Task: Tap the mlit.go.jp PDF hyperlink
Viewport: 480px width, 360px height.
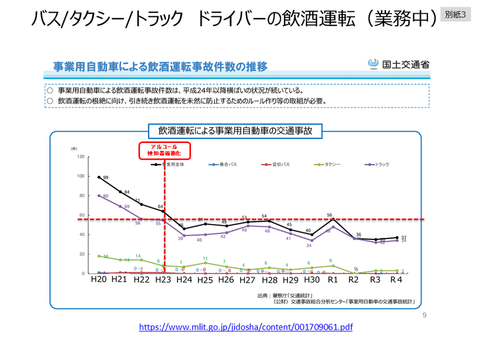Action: pos(246,327)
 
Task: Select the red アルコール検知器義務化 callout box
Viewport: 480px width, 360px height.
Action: pos(164,150)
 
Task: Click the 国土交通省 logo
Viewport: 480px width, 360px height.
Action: pos(399,64)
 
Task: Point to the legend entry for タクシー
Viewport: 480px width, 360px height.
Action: pos(328,165)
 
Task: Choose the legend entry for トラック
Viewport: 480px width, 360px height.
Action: pos(378,165)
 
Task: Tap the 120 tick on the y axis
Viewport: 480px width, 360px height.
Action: pos(80,157)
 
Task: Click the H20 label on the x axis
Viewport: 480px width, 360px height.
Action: pos(99,280)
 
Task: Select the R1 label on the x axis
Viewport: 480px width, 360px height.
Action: pos(333,280)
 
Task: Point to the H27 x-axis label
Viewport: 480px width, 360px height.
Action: pos(248,280)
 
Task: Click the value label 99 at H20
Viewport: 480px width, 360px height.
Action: pos(106,178)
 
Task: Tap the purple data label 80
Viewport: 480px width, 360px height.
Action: pos(106,196)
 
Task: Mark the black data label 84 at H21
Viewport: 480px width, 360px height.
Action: pos(127,192)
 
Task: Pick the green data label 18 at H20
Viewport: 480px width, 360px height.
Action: pos(106,257)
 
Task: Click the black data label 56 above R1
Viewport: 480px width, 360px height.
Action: pos(329,215)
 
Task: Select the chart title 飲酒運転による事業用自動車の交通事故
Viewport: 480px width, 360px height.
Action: pos(235,131)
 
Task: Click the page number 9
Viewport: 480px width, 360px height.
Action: pos(424,315)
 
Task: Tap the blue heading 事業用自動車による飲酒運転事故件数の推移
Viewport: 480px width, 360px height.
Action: pos(160,66)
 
